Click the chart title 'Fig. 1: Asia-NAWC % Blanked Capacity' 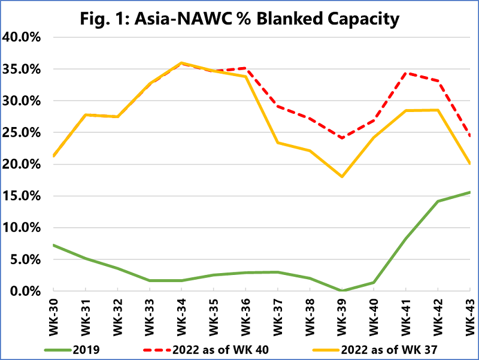(239, 19)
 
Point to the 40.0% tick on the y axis (22, 37)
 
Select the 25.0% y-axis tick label (22, 132)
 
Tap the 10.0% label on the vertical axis (22, 228)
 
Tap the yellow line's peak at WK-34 (181, 63)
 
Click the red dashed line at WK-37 (277, 106)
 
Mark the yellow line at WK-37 (277, 143)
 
